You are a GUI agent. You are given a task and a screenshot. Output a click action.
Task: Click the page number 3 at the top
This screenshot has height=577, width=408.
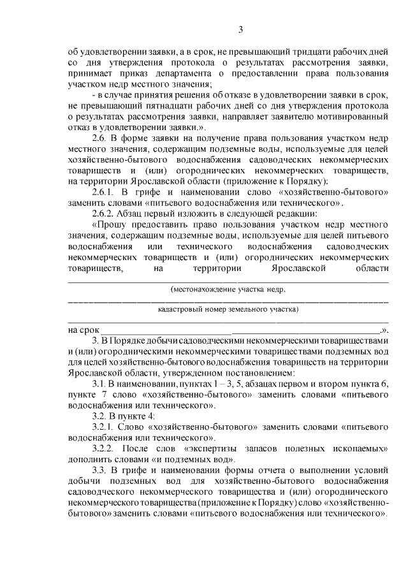(x=240, y=29)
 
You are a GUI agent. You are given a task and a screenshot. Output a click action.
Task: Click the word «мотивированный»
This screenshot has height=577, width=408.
(x=353, y=116)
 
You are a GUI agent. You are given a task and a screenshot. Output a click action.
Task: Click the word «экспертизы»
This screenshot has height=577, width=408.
(x=216, y=446)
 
